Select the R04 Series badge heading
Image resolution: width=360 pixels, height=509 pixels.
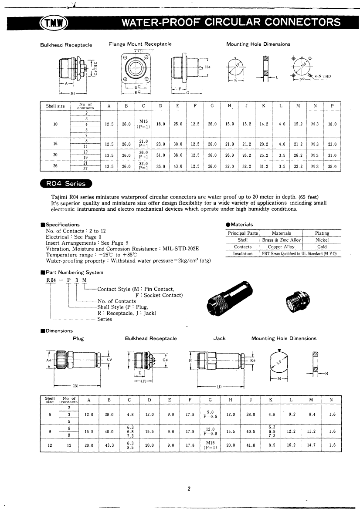[x=66, y=183]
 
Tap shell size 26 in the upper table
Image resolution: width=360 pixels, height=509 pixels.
[x=55, y=166]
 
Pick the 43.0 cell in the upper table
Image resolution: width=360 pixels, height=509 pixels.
[x=178, y=166]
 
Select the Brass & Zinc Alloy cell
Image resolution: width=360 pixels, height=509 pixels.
[x=281, y=240]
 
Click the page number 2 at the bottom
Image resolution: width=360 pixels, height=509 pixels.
[x=189, y=489]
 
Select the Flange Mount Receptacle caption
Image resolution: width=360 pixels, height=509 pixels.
[x=140, y=44]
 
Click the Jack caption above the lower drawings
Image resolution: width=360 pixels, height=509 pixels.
[x=219, y=338]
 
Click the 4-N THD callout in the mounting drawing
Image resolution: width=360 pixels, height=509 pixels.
[x=322, y=77]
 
